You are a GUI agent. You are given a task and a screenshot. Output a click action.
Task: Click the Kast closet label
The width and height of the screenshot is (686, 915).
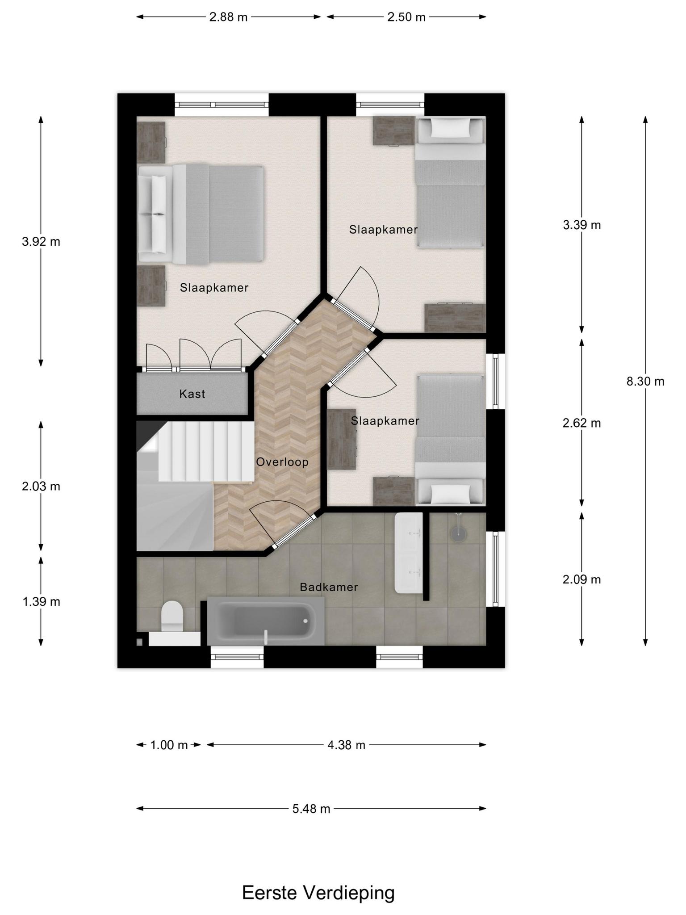tap(192, 394)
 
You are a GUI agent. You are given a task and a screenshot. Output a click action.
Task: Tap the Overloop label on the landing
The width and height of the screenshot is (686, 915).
tap(282, 462)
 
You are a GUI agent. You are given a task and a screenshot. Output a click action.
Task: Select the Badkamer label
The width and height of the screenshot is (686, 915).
tap(329, 587)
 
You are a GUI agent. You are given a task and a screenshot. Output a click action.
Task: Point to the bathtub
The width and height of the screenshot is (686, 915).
tap(266, 621)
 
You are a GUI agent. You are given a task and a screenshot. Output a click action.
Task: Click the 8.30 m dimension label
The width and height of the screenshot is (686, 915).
tap(645, 382)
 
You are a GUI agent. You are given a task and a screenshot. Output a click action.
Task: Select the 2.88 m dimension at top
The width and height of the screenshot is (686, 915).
tap(228, 17)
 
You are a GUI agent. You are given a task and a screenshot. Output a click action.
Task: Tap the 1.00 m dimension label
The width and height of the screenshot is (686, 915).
tap(169, 745)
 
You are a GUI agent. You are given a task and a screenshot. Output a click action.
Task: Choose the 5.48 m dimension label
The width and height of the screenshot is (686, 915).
tap(311, 809)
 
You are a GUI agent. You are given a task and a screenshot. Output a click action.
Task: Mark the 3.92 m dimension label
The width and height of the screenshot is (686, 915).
tap(41, 242)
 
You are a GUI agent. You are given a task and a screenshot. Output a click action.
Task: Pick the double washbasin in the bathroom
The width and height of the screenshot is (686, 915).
tap(409, 553)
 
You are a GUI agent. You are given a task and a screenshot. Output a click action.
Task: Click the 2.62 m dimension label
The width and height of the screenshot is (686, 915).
tap(581, 423)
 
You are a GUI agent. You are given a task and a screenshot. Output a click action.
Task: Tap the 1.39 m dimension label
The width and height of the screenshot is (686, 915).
tap(41, 602)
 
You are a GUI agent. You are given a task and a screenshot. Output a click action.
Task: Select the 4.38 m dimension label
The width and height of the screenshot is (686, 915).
tap(346, 745)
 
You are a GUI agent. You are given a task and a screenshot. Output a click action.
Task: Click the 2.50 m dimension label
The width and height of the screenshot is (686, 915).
tap(406, 17)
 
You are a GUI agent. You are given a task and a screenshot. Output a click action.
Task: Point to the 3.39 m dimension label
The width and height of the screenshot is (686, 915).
tap(581, 225)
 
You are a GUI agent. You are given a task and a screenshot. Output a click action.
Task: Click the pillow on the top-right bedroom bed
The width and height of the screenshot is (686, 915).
tap(450, 129)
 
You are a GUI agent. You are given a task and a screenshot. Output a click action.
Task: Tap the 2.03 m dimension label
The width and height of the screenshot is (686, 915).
tap(41, 486)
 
